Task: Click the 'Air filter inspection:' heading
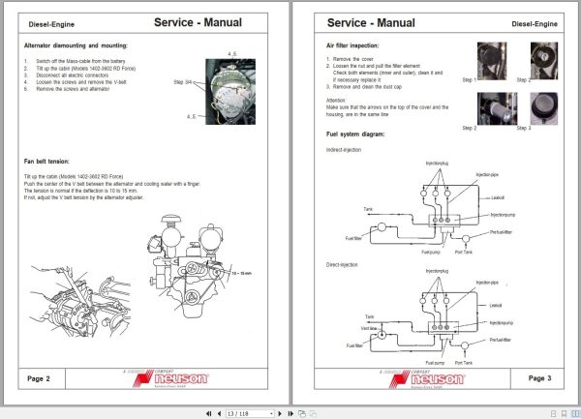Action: point(359,45)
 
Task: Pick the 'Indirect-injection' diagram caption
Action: point(347,151)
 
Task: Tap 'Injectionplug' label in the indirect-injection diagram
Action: point(437,164)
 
